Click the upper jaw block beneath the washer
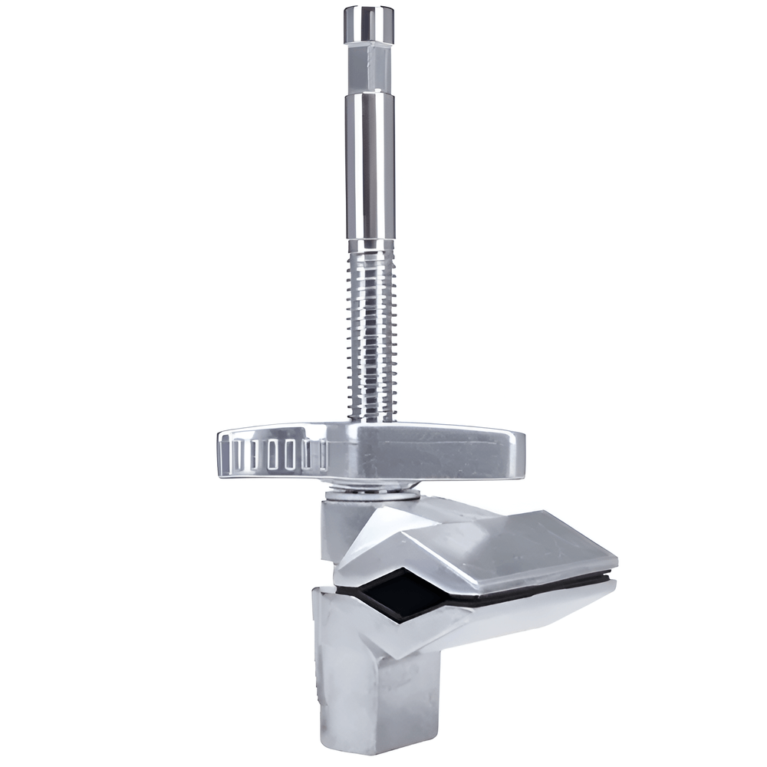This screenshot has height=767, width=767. click(341, 529)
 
